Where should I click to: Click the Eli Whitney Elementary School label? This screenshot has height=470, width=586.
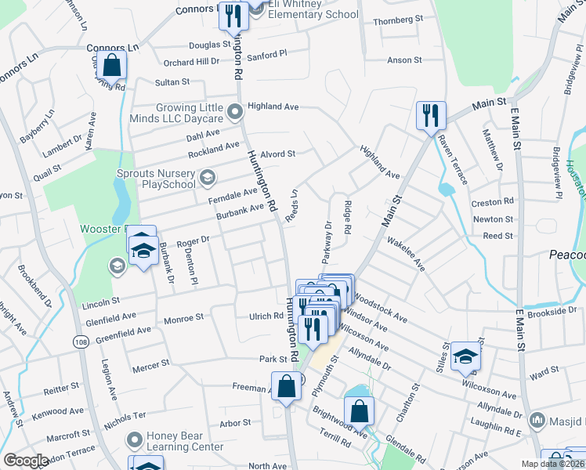coord(313,9)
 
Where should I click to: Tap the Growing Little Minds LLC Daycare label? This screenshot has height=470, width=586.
coord(178,114)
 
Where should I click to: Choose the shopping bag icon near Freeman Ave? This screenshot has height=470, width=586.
coord(286,385)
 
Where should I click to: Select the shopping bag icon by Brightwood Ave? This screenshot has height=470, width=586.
coord(358,410)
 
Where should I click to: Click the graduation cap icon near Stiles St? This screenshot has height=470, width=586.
coord(465,358)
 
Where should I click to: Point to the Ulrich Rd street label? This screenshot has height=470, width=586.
coord(266,316)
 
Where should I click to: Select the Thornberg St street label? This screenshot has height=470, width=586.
coord(397,19)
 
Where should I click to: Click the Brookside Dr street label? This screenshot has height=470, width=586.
coord(552,312)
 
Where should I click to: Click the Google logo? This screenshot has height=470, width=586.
coord(26,461)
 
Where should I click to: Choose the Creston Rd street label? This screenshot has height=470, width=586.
coord(492,202)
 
